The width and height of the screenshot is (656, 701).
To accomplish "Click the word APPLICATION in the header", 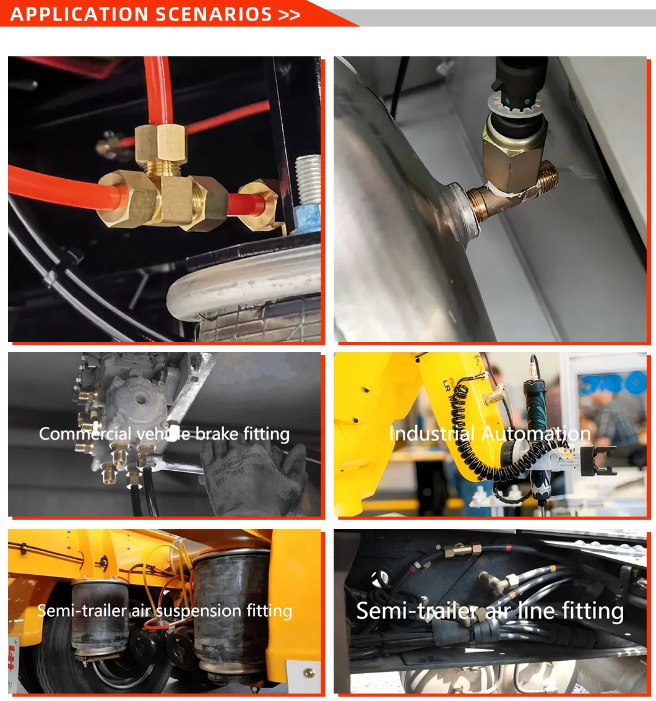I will [x=73, y=14].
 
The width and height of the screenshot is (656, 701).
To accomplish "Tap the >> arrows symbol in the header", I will [x=289, y=14].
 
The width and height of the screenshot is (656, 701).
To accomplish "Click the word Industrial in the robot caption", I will [x=432, y=434].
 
